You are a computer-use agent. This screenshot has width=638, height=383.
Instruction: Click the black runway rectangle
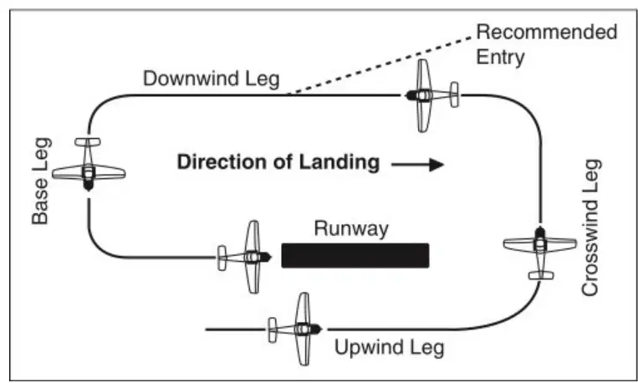click(x=355, y=256)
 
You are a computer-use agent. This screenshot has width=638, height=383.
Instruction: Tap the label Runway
click(x=351, y=229)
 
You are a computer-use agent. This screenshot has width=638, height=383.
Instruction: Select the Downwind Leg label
click(x=212, y=78)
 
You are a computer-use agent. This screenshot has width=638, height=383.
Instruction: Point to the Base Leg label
click(x=41, y=181)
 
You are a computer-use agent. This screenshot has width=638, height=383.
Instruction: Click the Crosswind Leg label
click(x=591, y=227)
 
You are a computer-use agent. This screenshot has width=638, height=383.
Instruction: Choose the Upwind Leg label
click(x=390, y=348)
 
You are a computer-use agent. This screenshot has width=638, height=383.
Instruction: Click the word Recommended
click(x=547, y=32)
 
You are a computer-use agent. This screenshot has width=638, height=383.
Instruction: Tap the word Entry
click(x=500, y=58)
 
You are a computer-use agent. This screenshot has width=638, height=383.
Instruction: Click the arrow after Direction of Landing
click(x=417, y=165)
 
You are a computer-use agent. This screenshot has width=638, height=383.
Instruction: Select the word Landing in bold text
click(x=339, y=162)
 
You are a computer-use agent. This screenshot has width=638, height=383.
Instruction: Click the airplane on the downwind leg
click(x=432, y=95)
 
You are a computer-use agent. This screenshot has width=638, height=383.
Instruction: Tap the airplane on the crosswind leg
click(x=540, y=253)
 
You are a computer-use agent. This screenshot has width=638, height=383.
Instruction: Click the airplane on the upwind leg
click(x=295, y=329)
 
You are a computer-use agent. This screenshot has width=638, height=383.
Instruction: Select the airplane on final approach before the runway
click(x=244, y=258)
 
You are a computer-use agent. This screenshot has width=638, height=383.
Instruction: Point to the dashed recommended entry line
click(x=380, y=65)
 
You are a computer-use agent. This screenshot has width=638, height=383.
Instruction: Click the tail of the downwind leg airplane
click(x=455, y=94)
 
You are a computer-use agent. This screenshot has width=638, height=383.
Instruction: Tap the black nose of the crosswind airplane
click(x=540, y=232)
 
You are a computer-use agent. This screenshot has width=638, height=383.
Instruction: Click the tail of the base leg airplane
click(x=88, y=142)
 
